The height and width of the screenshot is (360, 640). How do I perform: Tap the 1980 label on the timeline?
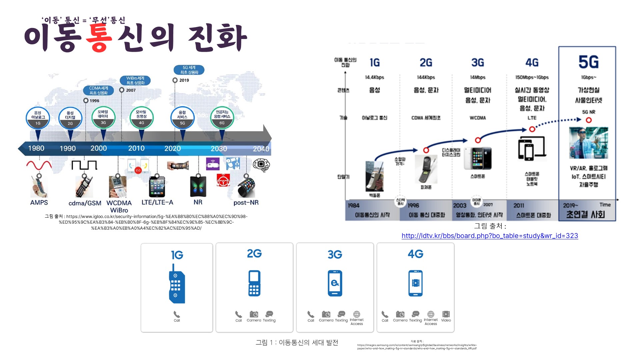[x=36, y=148]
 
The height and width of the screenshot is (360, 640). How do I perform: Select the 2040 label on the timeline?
[x=261, y=149]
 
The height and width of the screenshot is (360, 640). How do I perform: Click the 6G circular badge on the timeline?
[x=222, y=117]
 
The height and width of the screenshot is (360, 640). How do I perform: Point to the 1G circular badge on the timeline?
[x=38, y=118]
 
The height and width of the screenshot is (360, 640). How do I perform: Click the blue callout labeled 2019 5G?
[x=189, y=70]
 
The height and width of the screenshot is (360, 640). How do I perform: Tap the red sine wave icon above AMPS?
[x=39, y=165]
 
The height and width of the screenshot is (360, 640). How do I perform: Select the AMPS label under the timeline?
[x=39, y=202]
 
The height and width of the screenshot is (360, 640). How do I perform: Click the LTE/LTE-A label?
[x=157, y=202]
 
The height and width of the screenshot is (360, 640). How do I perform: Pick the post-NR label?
[x=246, y=202]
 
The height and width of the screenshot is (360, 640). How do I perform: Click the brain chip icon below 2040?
[x=261, y=165]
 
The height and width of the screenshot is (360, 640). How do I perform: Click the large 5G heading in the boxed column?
[x=588, y=62]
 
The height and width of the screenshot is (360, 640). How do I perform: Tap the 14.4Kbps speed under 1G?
[x=374, y=77]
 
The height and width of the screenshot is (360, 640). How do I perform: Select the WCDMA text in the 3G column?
[x=478, y=118]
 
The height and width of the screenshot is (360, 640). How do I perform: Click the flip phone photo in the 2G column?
[x=426, y=169]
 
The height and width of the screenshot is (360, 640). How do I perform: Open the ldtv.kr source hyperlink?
[x=490, y=236]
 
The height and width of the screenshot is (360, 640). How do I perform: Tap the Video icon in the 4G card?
[x=446, y=314]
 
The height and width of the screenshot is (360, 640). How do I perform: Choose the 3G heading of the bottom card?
[x=335, y=255]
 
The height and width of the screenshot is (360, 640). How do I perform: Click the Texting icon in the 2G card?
[x=269, y=314]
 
